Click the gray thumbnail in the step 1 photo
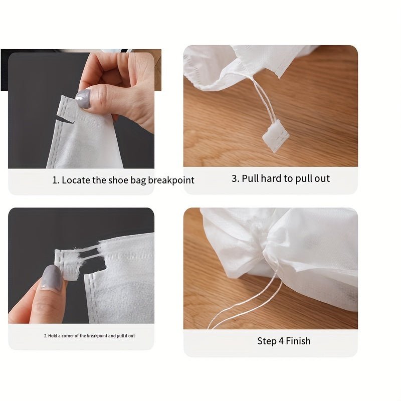[x=83, y=99]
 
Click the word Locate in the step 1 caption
[x=76, y=180]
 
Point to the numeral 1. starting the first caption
[x=56, y=180]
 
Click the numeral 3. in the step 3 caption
[x=235, y=178]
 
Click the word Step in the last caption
[x=267, y=341]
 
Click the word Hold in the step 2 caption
[x=52, y=336]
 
